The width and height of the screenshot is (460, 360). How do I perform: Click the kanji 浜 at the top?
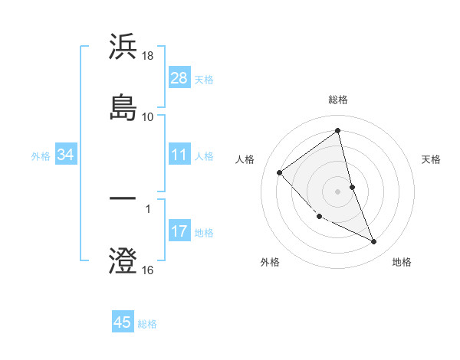(x=123, y=47)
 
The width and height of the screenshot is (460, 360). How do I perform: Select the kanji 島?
(x=123, y=106)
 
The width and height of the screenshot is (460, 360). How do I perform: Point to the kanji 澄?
(x=123, y=260)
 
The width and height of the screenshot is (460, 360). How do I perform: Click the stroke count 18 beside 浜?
(x=149, y=57)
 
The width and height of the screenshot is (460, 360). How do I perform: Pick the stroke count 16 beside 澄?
(x=149, y=270)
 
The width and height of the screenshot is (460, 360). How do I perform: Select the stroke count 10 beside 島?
(x=148, y=117)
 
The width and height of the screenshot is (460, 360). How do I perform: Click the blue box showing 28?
(x=179, y=78)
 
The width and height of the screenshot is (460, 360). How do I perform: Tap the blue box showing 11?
(x=179, y=155)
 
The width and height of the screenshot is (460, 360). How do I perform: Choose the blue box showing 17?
(x=179, y=231)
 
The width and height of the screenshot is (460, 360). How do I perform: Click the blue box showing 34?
(x=66, y=155)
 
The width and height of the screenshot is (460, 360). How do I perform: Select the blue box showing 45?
(x=123, y=322)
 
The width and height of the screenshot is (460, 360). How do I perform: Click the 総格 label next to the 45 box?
(x=147, y=324)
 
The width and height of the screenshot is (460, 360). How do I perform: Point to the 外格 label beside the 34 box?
(x=41, y=156)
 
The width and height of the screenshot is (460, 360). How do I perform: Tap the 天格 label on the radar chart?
(x=432, y=159)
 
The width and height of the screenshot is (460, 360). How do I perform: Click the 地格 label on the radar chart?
(x=402, y=262)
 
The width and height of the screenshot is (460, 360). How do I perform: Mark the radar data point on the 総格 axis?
(x=337, y=131)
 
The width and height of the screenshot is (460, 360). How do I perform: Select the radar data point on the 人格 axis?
(x=280, y=172)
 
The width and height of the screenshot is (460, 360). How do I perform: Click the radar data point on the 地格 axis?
(x=374, y=241)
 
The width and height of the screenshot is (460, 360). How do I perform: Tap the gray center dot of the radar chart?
(x=337, y=191)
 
